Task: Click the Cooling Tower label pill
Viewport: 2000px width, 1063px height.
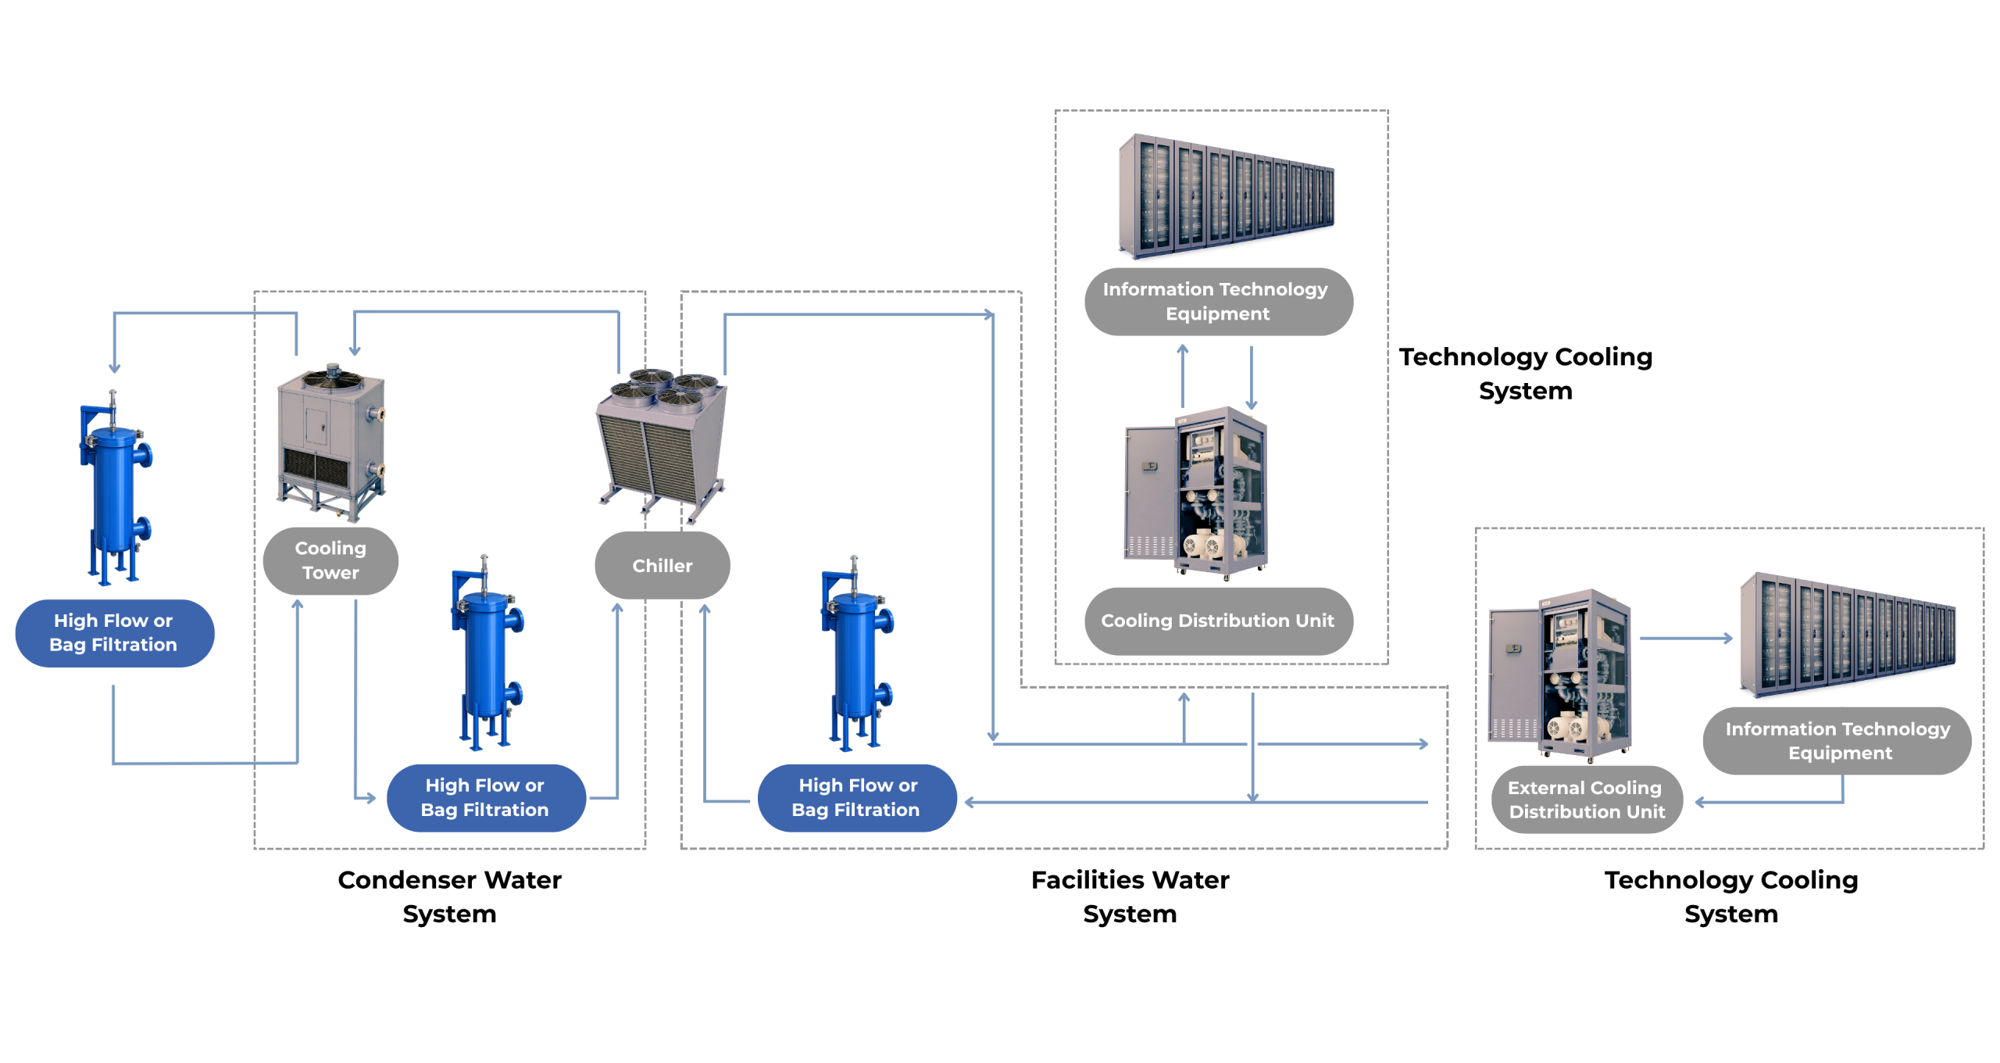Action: (330, 560)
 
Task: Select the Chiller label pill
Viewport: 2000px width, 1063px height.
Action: (662, 565)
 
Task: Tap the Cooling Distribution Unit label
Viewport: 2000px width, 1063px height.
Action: (1218, 621)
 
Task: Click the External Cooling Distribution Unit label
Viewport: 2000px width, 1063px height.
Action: (1586, 799)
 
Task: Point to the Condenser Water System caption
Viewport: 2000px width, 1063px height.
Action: (449, 897)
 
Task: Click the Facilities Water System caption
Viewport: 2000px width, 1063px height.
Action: (1130, 897)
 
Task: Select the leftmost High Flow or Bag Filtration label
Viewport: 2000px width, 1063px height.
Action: (114, 633)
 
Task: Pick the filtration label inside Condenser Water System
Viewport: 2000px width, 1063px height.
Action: (486, 797)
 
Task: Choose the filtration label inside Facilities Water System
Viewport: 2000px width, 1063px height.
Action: (857, 797)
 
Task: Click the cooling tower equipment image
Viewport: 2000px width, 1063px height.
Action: (331, 442)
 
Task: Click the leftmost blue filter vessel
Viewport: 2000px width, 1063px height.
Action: (115, 487)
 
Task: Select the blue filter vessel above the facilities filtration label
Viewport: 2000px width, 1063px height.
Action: (857, 653)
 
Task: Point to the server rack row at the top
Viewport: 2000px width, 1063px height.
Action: (1226, 195)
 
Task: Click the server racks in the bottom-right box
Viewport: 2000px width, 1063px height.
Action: (1847, 634)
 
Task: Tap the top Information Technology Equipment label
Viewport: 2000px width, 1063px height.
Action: (1218, 302)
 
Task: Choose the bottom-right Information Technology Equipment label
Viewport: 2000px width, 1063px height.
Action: (1837, 741)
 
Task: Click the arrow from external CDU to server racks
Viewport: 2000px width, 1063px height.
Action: (1686, 639)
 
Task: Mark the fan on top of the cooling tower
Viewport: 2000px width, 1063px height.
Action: (332, 378)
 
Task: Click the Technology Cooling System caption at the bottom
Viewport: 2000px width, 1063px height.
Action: (1730, 897)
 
